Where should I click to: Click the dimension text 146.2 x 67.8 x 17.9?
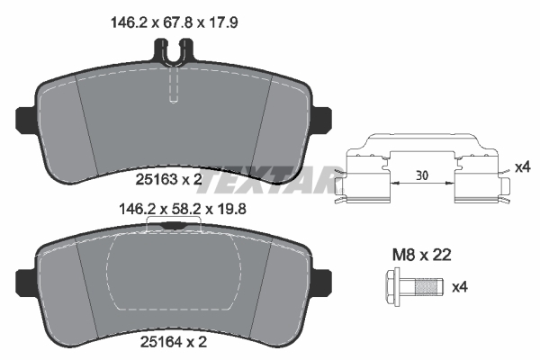[x=175, y=23]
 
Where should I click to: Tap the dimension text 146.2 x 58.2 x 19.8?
[x=182, y=209]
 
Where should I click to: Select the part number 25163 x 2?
[x=169, y=179]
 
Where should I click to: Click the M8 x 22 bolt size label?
[x=422, y=256]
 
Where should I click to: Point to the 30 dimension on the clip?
[x=422, y=175]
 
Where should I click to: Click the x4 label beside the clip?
[x=522, y=167]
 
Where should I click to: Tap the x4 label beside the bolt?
[x=460, y=286]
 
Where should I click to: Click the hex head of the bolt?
[x=392, y=286]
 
